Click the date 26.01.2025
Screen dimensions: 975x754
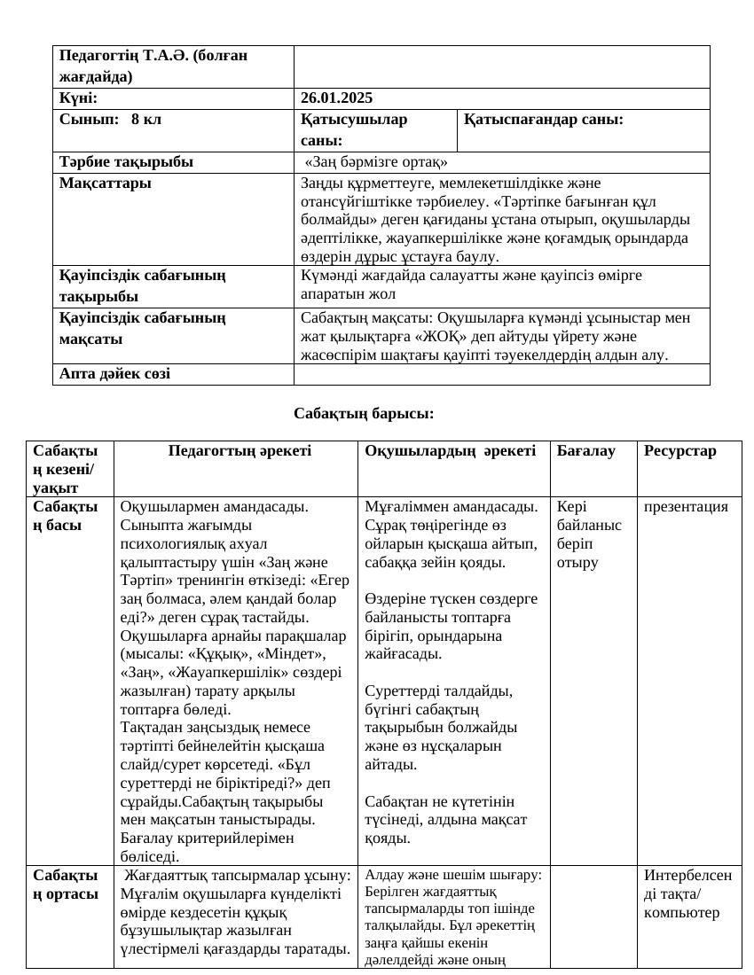coord(336,98)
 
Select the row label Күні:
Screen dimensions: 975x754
coord(79,98)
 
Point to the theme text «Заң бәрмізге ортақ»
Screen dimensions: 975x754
coord(375,162)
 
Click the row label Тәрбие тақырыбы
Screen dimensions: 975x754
coord(126,162)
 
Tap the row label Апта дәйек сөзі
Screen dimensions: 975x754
coord(114,374)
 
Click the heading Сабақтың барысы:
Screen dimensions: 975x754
coord(364,414)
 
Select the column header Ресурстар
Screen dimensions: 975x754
coord(679,451)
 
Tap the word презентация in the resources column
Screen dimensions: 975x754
coord(686,507)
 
